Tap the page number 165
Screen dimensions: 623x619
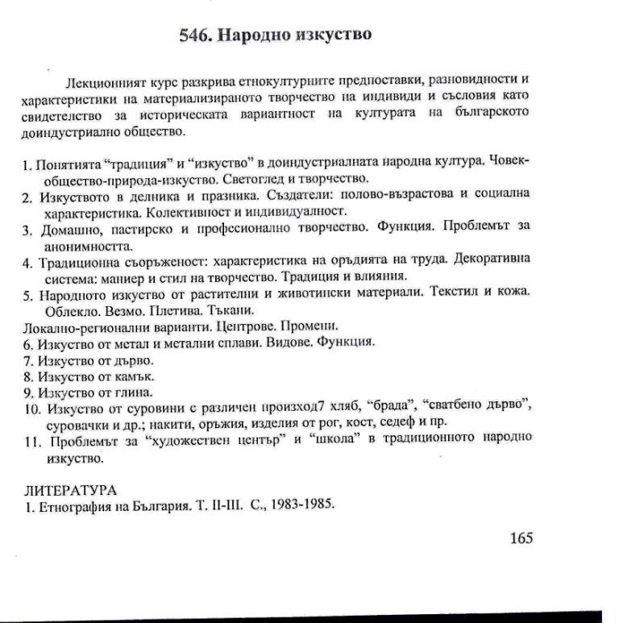point(521,538)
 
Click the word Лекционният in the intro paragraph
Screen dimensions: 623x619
point(105,84)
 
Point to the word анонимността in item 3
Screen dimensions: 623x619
point(86,245)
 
